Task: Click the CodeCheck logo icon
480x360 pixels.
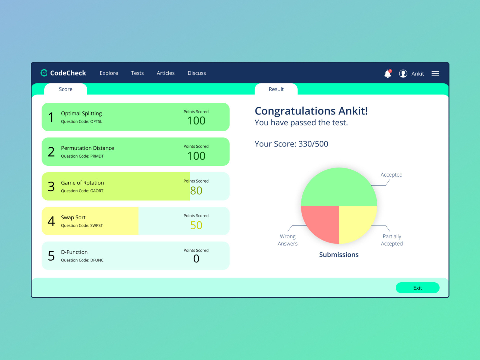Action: [44, 73]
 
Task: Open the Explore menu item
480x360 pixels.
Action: [109, 73]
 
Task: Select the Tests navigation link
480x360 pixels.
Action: [137, 73]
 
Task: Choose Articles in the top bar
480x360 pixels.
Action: [166, 73]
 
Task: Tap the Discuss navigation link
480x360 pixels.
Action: [197, 73]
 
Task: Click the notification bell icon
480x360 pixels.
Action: [388, 74]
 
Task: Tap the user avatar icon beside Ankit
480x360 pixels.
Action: [403, 74]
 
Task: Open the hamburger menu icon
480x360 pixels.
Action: [435, 74]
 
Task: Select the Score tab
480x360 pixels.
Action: [66, 89]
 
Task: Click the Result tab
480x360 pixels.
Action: [276, 89]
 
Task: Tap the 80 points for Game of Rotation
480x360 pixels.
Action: [196, 191]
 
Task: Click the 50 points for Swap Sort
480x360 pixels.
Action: [196, 225]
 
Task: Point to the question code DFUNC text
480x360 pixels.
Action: [82, 260]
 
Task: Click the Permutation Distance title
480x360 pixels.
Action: [87, 148]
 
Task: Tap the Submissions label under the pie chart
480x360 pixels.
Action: [339, 255]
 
